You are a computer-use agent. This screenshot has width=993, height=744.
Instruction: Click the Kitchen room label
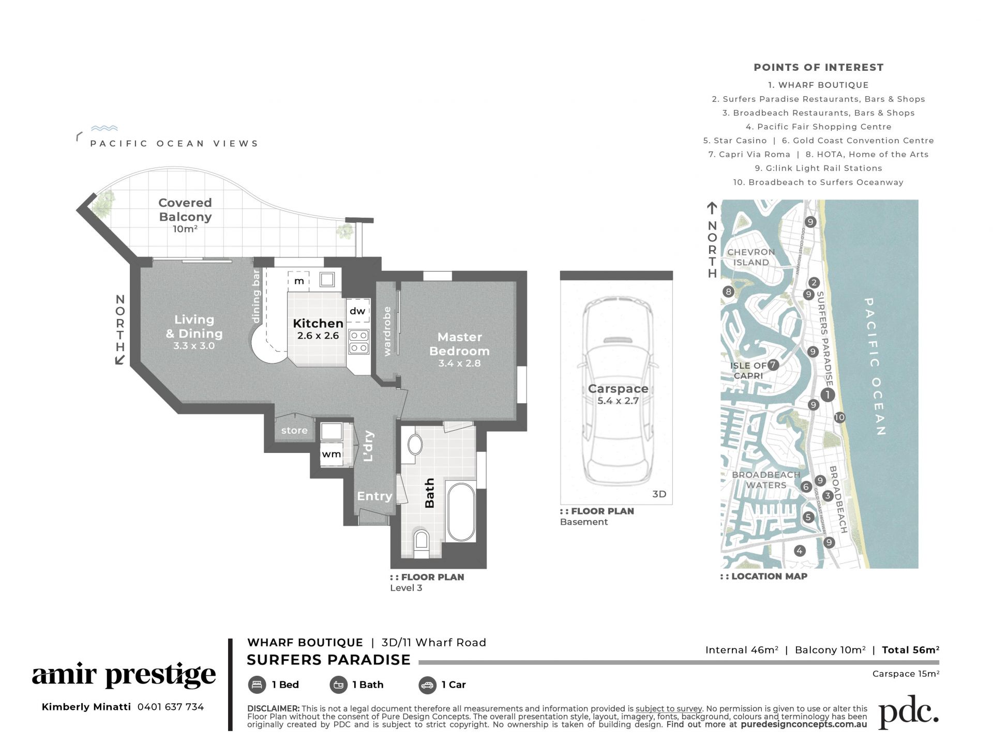click(x=318, y=323)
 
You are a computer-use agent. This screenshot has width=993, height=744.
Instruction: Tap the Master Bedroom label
click(x=459, y=344)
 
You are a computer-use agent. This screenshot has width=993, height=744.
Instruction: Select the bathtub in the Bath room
click(x=461, y=512)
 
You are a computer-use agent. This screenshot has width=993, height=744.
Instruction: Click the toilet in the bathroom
click(x=422, y=539)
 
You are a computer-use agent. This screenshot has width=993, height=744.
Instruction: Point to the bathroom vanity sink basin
click(x=415, y=445)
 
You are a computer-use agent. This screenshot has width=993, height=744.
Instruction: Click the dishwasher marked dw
click(x=357, y=311)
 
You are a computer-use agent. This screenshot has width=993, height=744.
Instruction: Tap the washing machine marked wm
click(x=332, y=454)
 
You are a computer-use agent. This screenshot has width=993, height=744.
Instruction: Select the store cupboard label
click(x=294, y=430)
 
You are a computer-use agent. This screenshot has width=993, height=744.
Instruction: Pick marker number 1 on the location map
click(x=827, y=395)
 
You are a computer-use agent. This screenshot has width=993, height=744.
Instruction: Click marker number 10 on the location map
click(x=839, y=417)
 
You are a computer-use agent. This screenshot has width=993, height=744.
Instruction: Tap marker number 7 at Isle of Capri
click(x=773, y=365)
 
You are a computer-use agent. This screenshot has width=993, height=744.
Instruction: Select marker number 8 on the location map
click(x=728, y=292)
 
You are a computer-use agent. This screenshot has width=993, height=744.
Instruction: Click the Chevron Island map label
click(x=751, y=257)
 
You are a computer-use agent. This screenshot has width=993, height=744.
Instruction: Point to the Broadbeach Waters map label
click(x=766, y=480)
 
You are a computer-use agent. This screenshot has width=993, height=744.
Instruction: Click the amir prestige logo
click(x=124, y=675)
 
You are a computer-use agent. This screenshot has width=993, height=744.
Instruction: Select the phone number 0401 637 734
click(x=171, y=707)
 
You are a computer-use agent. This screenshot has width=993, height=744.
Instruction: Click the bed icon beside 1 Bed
click(x=257, y=685)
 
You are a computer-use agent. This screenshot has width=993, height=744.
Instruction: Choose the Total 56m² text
click(x=911, y=650)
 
